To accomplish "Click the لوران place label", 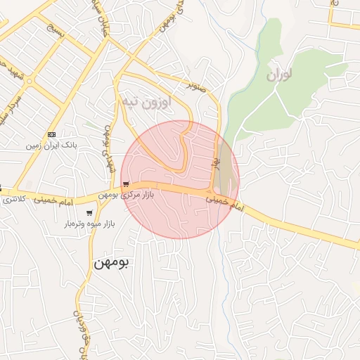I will coord(279,73).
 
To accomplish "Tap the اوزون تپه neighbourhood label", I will coord(146,102).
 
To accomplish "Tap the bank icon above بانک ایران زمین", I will coord(51,134).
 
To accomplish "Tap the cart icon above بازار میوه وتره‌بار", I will coord(89,213).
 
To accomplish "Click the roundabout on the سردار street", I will coord(30,82).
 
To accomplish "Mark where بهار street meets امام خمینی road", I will coord(212,192).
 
